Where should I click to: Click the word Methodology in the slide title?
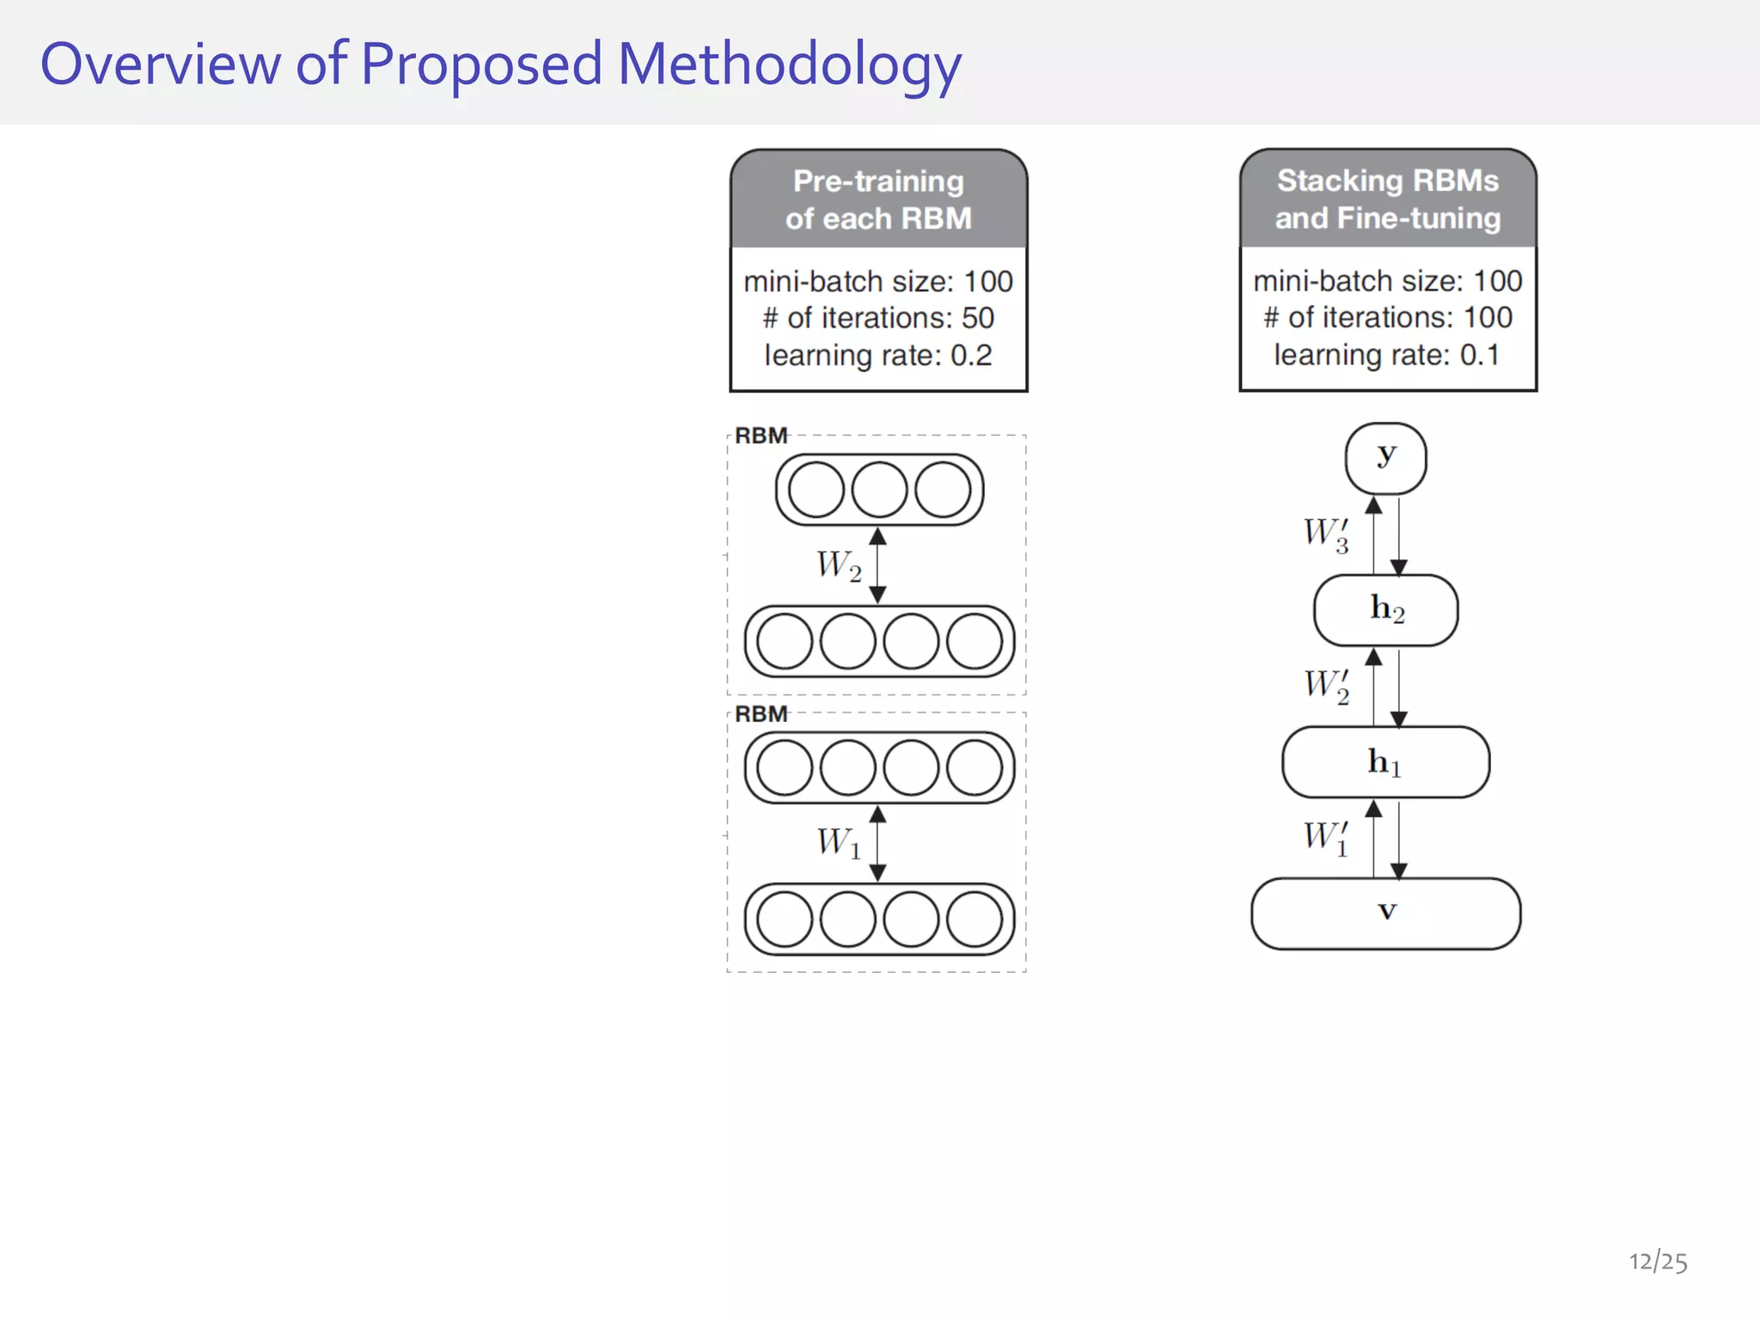click(x=789, y=65)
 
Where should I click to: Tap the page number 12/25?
click(x=1658, y=1262)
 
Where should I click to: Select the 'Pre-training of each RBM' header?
click(x=878, y=199)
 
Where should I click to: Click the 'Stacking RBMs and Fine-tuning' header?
click(x=1387, y=199)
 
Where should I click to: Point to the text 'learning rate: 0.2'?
click(x=878, y=355)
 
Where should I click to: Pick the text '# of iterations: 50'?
click(x=878, y=318)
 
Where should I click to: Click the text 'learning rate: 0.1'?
click(x=1387, y=354)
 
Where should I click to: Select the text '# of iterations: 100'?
click(x=1387, y=317)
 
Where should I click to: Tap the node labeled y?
click(x=1385, y=458)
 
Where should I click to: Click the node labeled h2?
click(x=1385, y=610)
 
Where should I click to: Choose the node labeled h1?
click(x=1385, y=762)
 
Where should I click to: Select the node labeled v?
click(x=1385, y=914)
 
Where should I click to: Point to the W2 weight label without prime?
click(x=839, y=565)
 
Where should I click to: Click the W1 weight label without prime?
click(x=839, y=843)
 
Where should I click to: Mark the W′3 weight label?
click(x=1326, y=534)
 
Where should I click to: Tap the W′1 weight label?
click(x=1326, y=837)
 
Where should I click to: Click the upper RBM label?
click(x=761, y=436)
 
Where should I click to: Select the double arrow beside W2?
click(x=877, y=565)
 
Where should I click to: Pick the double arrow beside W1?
click(x=877, y=843)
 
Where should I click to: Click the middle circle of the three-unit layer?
click(x=879, y=490)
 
